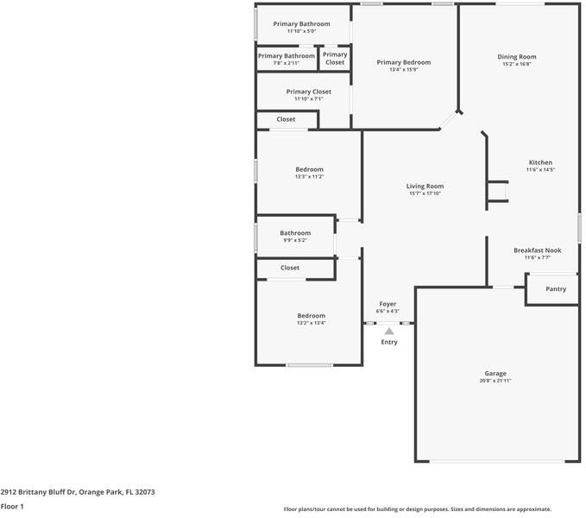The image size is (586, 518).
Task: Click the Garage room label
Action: (x=495, y=373)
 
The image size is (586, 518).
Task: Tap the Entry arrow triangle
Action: (x=389, y=332)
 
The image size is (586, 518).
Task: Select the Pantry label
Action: (x=556, y=289)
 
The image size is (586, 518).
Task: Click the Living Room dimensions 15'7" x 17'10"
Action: (x=425, y=193)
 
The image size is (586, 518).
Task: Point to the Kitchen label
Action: (x=540, y=162)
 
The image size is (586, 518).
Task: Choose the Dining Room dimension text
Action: (x=517, y=64)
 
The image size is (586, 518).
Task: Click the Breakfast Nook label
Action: (x=538, y=250)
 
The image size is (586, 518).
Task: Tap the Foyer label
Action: (x=388, y=304)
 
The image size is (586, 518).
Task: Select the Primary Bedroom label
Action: (x=404, y=62)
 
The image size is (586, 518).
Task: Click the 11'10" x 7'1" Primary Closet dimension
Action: (x=309, y=98)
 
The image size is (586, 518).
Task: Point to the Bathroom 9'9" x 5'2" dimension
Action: (x=295, y=240)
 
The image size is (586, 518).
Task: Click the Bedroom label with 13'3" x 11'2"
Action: (x=310, y=169)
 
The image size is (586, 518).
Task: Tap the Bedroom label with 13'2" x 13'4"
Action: (x=312, y=316)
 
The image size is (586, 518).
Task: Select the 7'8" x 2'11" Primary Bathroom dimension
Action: (x=287, y=63)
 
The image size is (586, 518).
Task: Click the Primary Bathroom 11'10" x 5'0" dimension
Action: (x=301, y=31)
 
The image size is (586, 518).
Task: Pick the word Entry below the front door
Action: (x=389, y=342)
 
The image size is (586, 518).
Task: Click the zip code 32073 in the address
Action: (x=145, y=492)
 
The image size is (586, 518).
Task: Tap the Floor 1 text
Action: (x=12, y=507)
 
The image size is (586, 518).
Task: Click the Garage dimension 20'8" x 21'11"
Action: (x=495, y=381)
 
